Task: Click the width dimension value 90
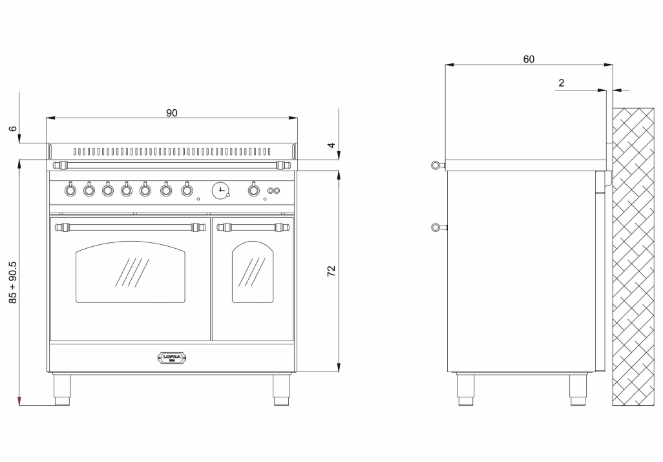pyautogui.click(x=171, y=112)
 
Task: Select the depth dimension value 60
pyautogui.click(x=529, y=59)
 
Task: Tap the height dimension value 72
pyautogui.click(x=331, y=271)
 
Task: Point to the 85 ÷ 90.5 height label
pyautogui.click(x=12, y=283)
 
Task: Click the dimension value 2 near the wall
pyautogui.click(x=561, y=83)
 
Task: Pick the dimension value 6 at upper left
pyautogui.click(x=12, y=129)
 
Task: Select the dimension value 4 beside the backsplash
pyautogui.click(x=331, y=146)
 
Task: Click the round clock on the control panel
pyautogui.click(x=220, y=190)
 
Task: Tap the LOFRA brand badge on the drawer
pyautogui.click(x=172, y=357)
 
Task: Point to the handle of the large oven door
pyautogui.click(x=130, y=227)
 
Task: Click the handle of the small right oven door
pyautogui.click(x=252, y=227)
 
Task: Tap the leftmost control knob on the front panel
pyautogui.click(x=70, y=189)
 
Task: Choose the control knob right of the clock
pyautogui.click(x=253, y=190)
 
